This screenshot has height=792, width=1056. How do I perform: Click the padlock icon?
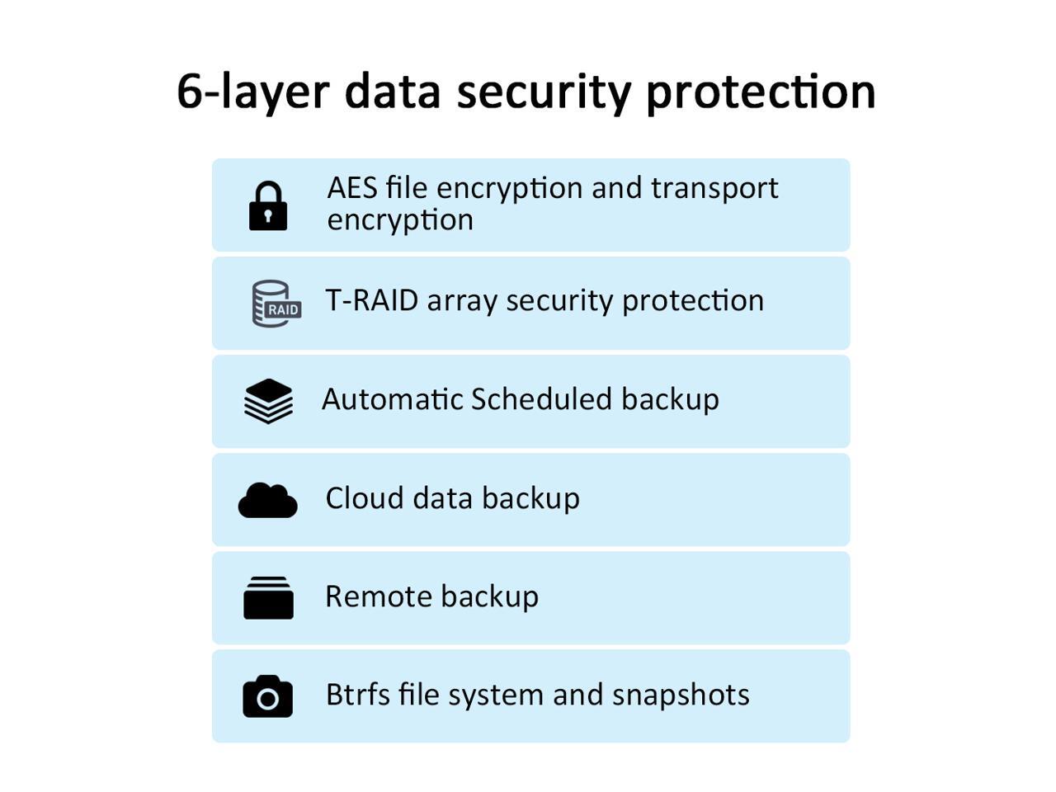pos(268,206)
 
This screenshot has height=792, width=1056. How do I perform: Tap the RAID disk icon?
pos(276,304)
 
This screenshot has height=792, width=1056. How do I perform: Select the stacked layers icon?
pos(268,401)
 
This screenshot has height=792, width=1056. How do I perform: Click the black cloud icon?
pos(268,500)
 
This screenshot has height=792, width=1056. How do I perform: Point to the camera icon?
pos(267,696)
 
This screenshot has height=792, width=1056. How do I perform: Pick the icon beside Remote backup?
pos(268,598)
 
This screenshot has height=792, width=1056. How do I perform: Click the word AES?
pos(352,188)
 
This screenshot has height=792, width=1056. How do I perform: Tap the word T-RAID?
pos(372,300)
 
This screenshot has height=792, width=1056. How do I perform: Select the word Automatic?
pos(391,399)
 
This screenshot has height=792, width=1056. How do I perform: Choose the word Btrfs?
pos(356,695)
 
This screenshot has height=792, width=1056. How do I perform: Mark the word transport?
pos(714,188)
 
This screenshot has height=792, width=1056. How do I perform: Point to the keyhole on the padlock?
pos(268,217)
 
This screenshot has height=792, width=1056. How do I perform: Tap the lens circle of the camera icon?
pos(267,700)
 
